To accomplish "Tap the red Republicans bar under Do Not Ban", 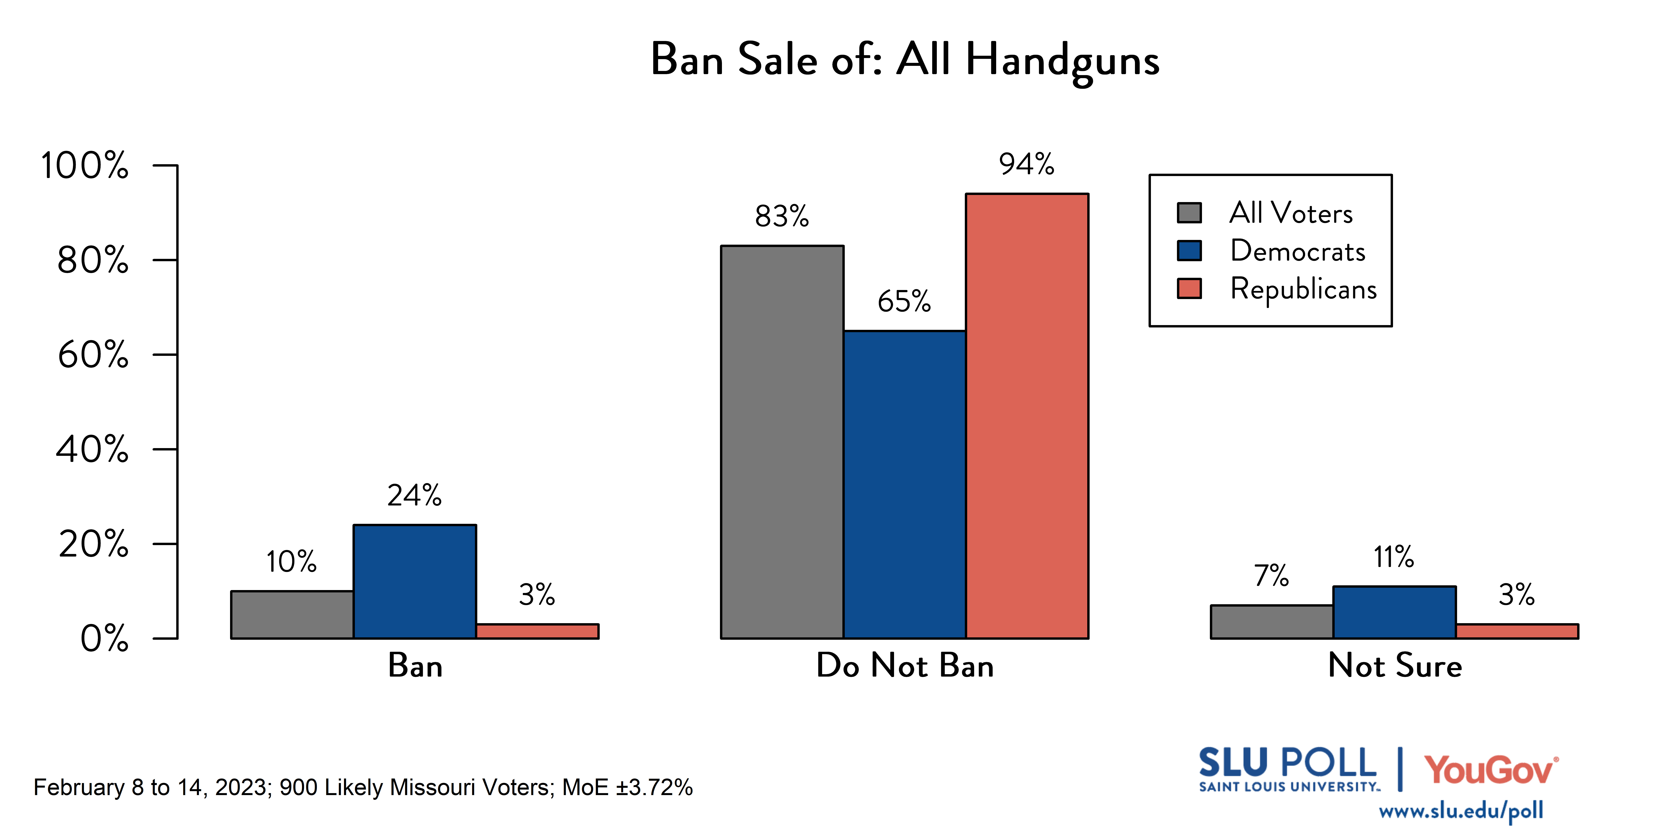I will pos(1027,416).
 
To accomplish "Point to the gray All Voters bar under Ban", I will pos(292,614).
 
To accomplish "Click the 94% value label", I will pos(1027,165).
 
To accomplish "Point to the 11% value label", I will pos(1394,557).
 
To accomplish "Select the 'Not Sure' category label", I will pos(1395,665).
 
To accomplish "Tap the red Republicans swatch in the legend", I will pos(1189,289).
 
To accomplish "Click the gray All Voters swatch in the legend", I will pos(1189,213).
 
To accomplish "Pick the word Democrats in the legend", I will pos(1297,251).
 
